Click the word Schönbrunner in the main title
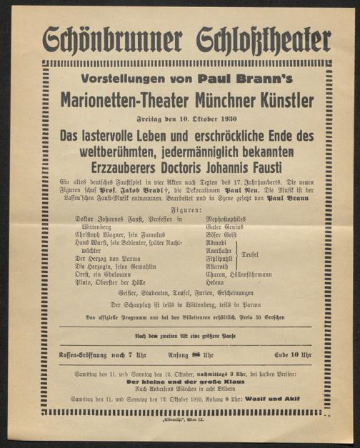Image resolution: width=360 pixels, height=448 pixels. (106, 40)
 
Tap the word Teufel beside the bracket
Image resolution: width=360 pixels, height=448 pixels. (269, 254)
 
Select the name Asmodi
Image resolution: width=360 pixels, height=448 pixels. (216, 241)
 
